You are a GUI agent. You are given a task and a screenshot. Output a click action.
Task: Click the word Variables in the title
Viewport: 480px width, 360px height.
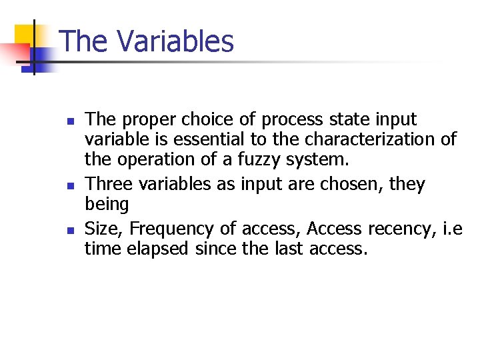click(176, 41)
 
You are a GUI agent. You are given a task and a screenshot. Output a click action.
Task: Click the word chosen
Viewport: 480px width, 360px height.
click(350, 184)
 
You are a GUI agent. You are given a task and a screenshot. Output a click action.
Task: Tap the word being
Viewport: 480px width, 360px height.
click(107, 204)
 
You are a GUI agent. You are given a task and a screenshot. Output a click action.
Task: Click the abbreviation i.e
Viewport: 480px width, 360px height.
click(451, 229)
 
